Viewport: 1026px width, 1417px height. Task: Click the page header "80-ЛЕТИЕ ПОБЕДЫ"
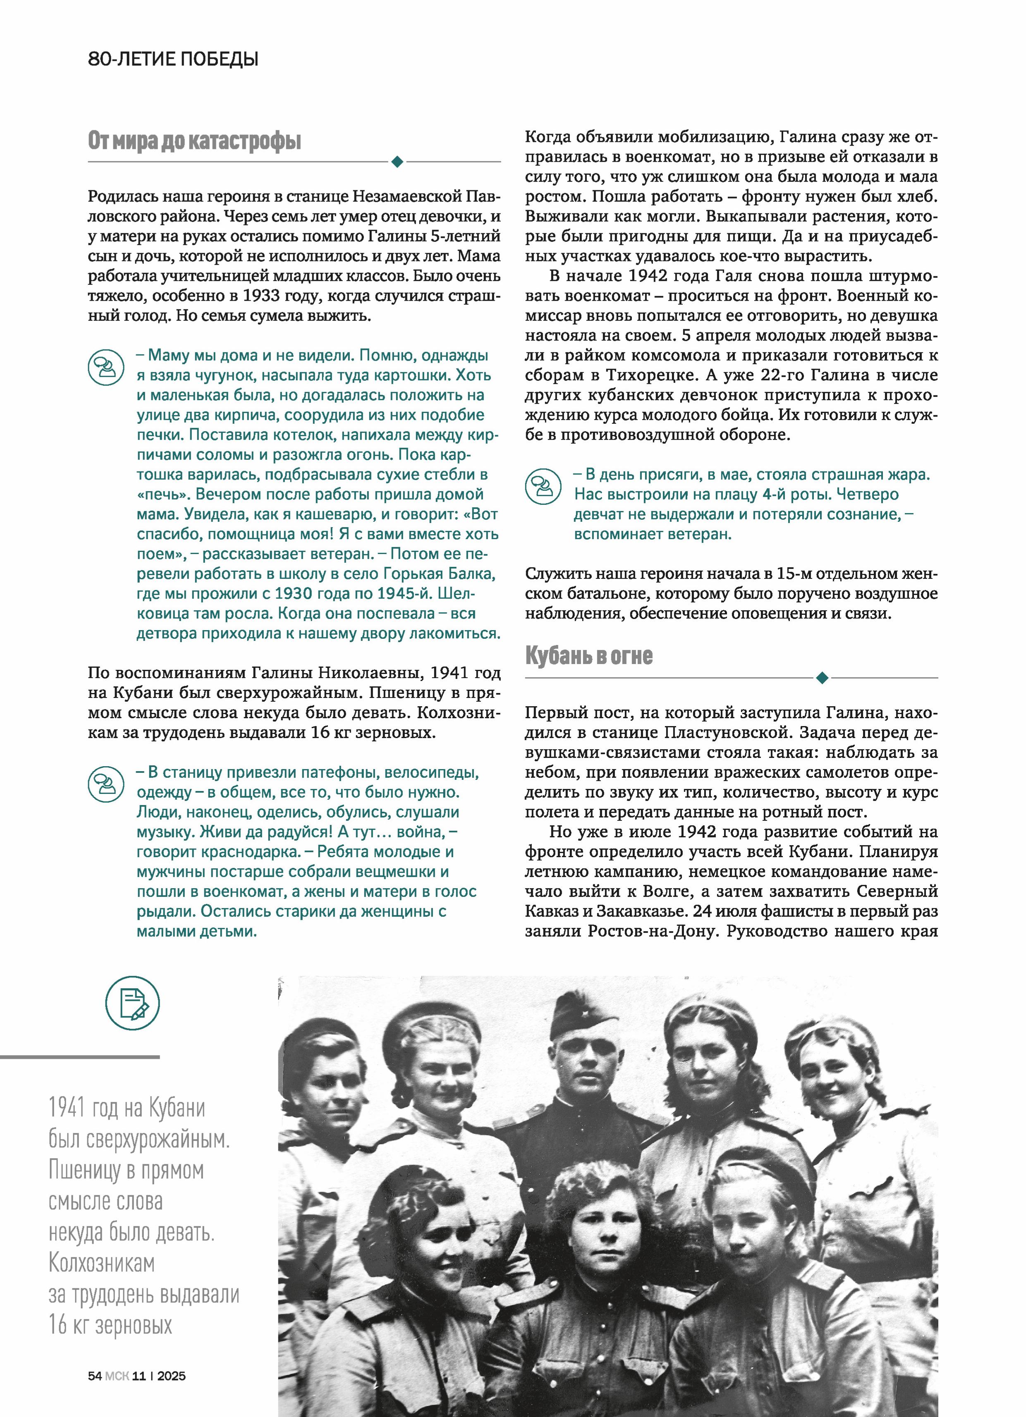[x=173, y=60]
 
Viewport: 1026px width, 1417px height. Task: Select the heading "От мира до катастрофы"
[x=194, y=141]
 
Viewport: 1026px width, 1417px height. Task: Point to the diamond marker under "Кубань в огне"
[x=822, y=677]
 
